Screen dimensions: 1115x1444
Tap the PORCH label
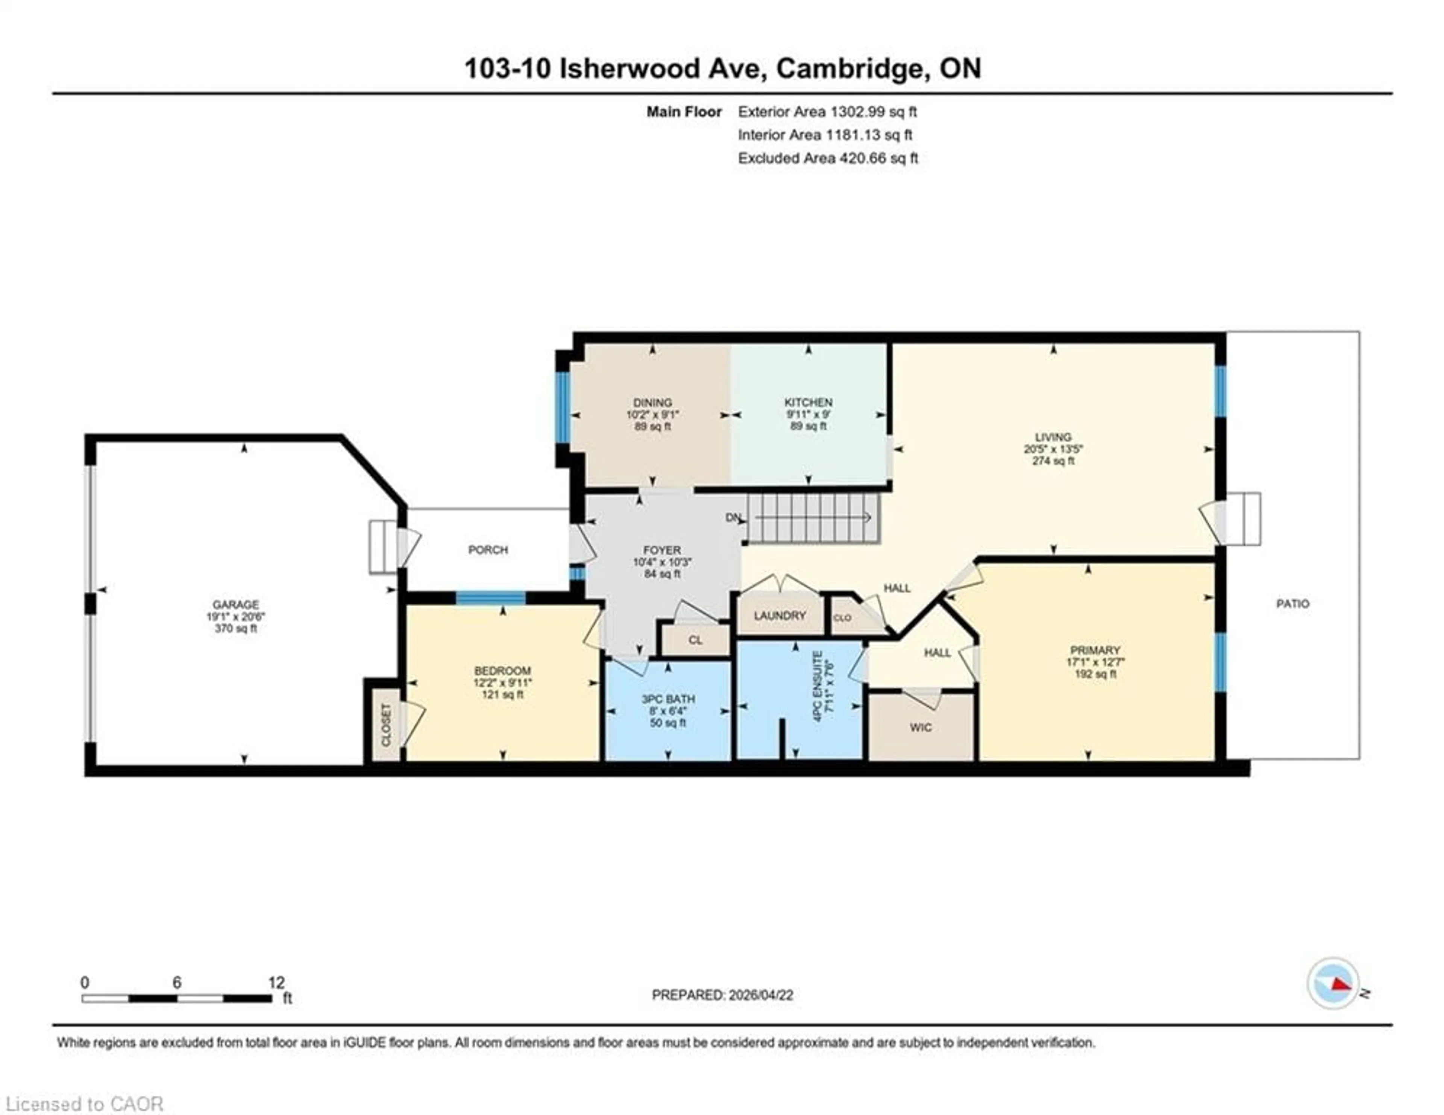pyautogui.click(x=488, y=550)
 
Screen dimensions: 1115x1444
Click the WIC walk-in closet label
pyautogui.click(x=920, y=728)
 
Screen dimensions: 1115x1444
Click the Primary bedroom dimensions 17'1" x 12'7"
pyautogui.click(x=1095, y=662)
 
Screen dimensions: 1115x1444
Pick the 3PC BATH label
pyautogui.click(x=668, y=699)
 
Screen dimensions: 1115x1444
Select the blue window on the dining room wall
pyautogui.click(x=562, y=407)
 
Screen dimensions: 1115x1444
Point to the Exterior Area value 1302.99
pyautogui.click(x=857, y=112)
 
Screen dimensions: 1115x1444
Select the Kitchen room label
pyautogui.click(x=808, y=402)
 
